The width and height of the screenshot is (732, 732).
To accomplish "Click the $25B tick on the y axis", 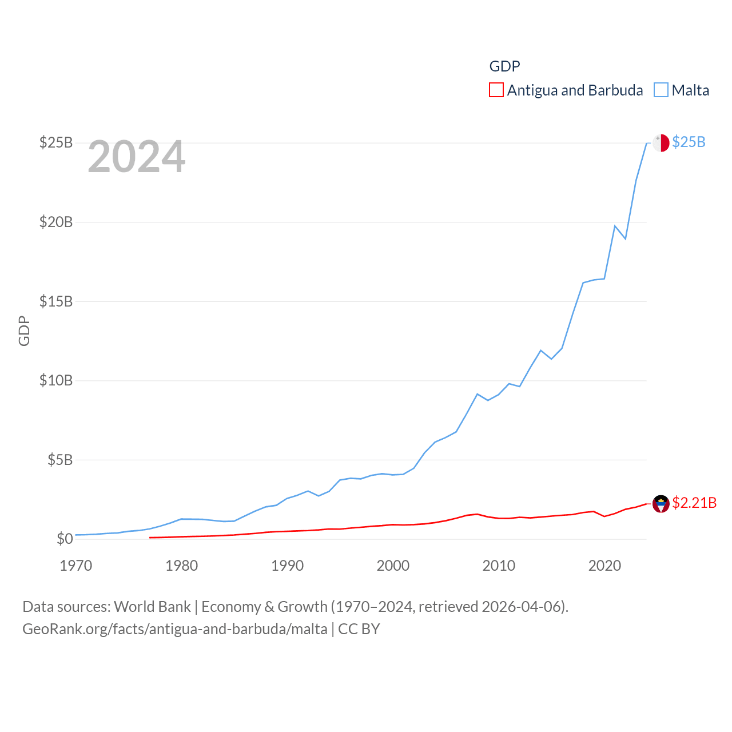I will [x=56, y=142].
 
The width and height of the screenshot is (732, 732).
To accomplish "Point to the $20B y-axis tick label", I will [x=56, y=222].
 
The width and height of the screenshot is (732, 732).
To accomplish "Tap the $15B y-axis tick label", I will [x=56, y=301].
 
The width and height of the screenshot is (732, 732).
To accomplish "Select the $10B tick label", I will [x=56, y=380].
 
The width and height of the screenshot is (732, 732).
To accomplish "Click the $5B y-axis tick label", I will [x=60, y=460].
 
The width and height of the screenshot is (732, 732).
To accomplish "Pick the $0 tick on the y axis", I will [x=65, y=539].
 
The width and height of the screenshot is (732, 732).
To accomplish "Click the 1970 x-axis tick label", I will [x=76, y=566].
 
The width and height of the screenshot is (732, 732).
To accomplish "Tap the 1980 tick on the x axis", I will [x=182, y=566].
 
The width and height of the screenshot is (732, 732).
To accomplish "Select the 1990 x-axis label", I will [x=288, y=566].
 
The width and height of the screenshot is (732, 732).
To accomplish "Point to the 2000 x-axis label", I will [x=393, y=566].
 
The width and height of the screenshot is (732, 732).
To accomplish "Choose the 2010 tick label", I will [x=499, y=566].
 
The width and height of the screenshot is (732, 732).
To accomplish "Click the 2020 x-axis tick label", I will [x=605, y=566].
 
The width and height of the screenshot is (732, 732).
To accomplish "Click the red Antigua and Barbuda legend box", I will [x=496, y=90].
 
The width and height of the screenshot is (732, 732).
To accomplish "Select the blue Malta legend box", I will [x=661, y=90].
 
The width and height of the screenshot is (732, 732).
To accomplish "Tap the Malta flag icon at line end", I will [x=661, y=143].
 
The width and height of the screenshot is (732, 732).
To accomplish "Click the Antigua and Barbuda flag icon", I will [x=661, y=504].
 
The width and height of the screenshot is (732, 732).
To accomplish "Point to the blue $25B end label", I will [x=689, y=142].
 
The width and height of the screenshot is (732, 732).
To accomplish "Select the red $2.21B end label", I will [x=694, y=503].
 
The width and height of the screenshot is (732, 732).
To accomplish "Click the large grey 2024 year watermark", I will [x=137, y=157].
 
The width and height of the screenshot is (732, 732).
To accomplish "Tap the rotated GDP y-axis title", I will [x=24, y=331].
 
